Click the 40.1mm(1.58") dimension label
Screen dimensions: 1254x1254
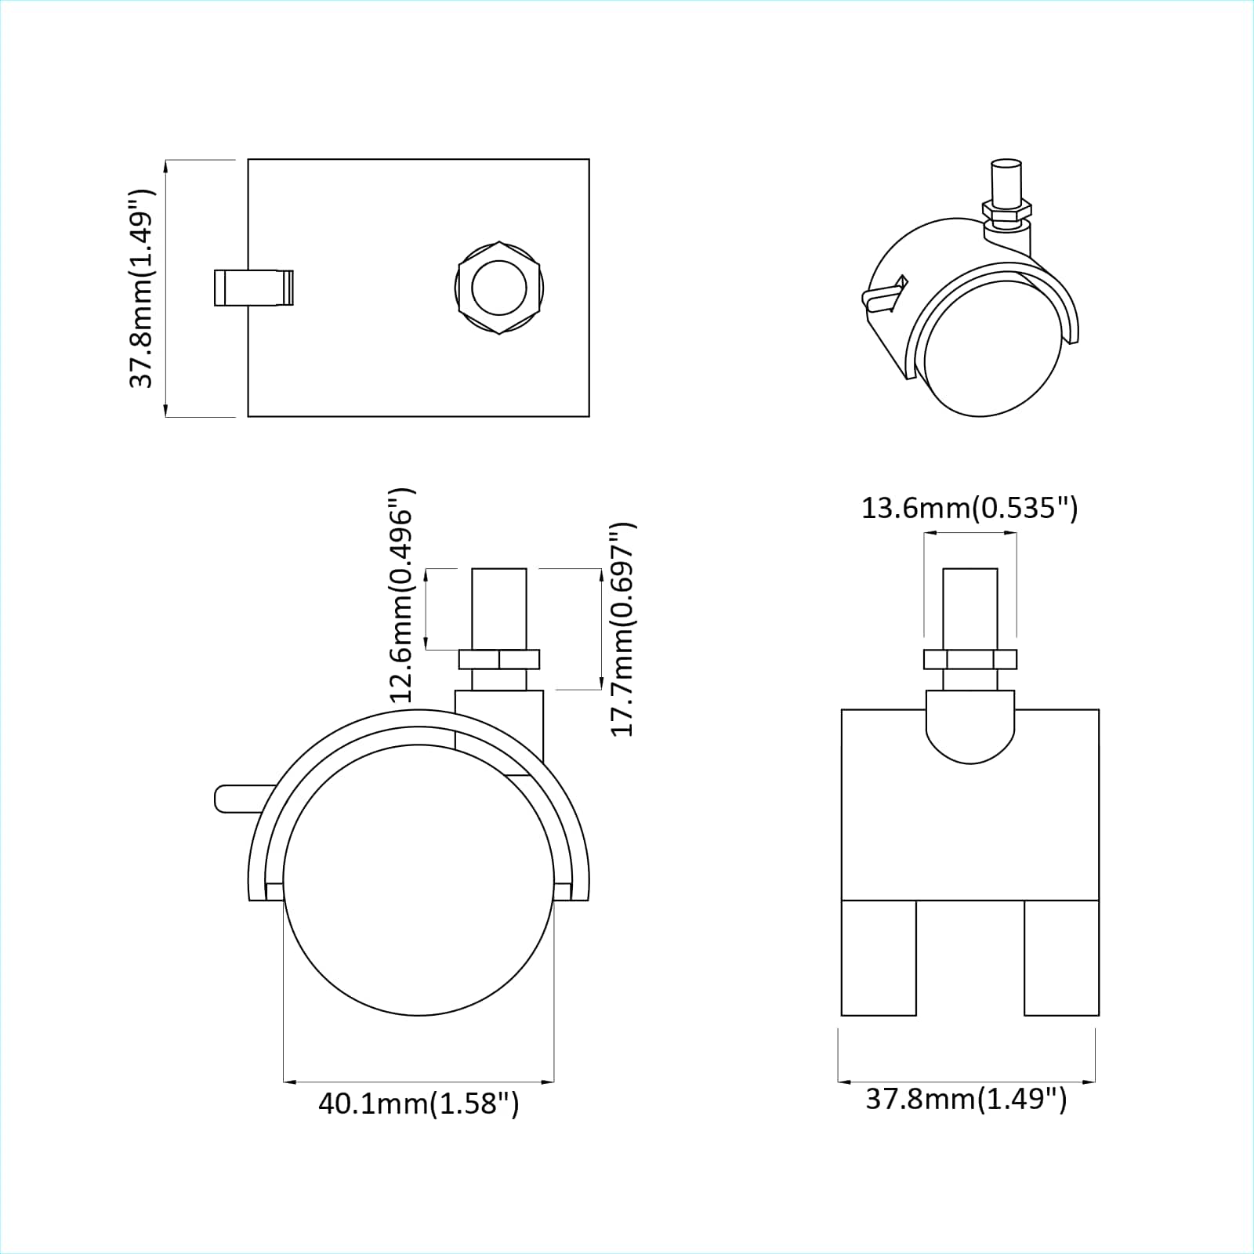(x=419, y=1104)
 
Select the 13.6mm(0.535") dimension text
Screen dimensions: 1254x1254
(x=969, y=509)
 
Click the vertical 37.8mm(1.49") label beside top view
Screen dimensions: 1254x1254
(x=143, y=288)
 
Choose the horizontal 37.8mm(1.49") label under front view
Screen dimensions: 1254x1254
(x=966, y=1099)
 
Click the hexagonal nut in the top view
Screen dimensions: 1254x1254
(x=499, y=287)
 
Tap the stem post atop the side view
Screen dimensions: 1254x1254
(x=499, y=607)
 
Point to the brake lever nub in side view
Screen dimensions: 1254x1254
(x=235, y=798)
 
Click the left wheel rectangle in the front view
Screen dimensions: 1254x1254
(x=878, y=957)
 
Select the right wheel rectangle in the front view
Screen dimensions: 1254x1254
(x=1061, y=957)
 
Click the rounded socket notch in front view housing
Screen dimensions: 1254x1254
(x=970, y=729)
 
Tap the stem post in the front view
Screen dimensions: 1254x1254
(x=970, y=607)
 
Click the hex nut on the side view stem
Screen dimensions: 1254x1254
(x=499, y=659)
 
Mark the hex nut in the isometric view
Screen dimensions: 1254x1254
(x=1006, y=210)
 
